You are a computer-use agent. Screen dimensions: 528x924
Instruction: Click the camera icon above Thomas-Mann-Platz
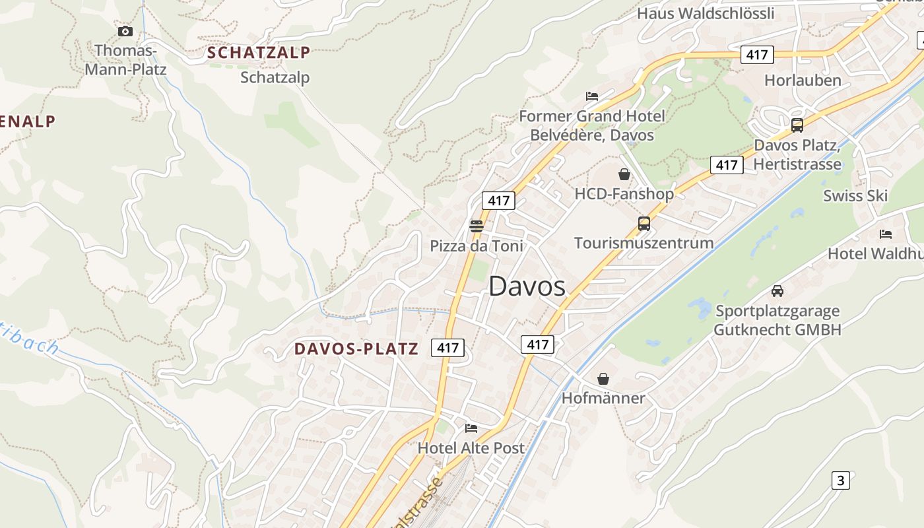click(x=125, y=31)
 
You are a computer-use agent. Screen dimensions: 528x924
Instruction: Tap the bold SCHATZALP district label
click(x=258, y=52)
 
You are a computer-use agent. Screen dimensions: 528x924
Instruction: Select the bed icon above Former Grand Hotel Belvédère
click(x=592, y=96)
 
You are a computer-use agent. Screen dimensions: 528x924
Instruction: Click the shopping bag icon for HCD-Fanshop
click(x=624, y=174)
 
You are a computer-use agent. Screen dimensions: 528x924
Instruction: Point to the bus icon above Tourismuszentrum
click(x=644, y=224)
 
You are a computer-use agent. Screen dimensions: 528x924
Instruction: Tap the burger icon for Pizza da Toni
click(x=477, y=226)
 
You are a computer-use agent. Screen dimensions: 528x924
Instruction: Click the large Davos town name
click(x=527, y=286)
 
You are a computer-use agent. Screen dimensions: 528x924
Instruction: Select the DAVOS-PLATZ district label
click(x=356, y=348)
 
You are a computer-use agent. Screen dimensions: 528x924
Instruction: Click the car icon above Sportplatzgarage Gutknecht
click(x=777, y=291)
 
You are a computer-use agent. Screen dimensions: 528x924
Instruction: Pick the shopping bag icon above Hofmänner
click(x=603, y=379)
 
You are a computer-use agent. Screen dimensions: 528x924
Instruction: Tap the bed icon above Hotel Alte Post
click(x=471, y=428)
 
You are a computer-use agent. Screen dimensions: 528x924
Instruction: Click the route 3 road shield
click(x=840, y=480)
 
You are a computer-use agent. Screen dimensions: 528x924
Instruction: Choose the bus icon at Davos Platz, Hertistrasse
click(x=797, y=125)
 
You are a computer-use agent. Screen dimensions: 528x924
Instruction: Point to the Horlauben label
click(x=803, y=81)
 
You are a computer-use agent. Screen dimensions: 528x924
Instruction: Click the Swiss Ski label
click(x=855, y=195)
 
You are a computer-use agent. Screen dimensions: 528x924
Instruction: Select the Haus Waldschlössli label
click(x=706, y=13)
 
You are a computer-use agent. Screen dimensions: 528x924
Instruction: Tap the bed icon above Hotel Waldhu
click(x=886, y=234)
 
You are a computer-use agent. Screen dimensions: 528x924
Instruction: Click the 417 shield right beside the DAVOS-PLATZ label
click(x=447, y=347)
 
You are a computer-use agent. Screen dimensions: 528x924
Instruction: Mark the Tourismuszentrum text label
click(x=643, y=243)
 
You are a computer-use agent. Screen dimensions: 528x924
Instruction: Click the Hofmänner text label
click(x=603, y=398)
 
